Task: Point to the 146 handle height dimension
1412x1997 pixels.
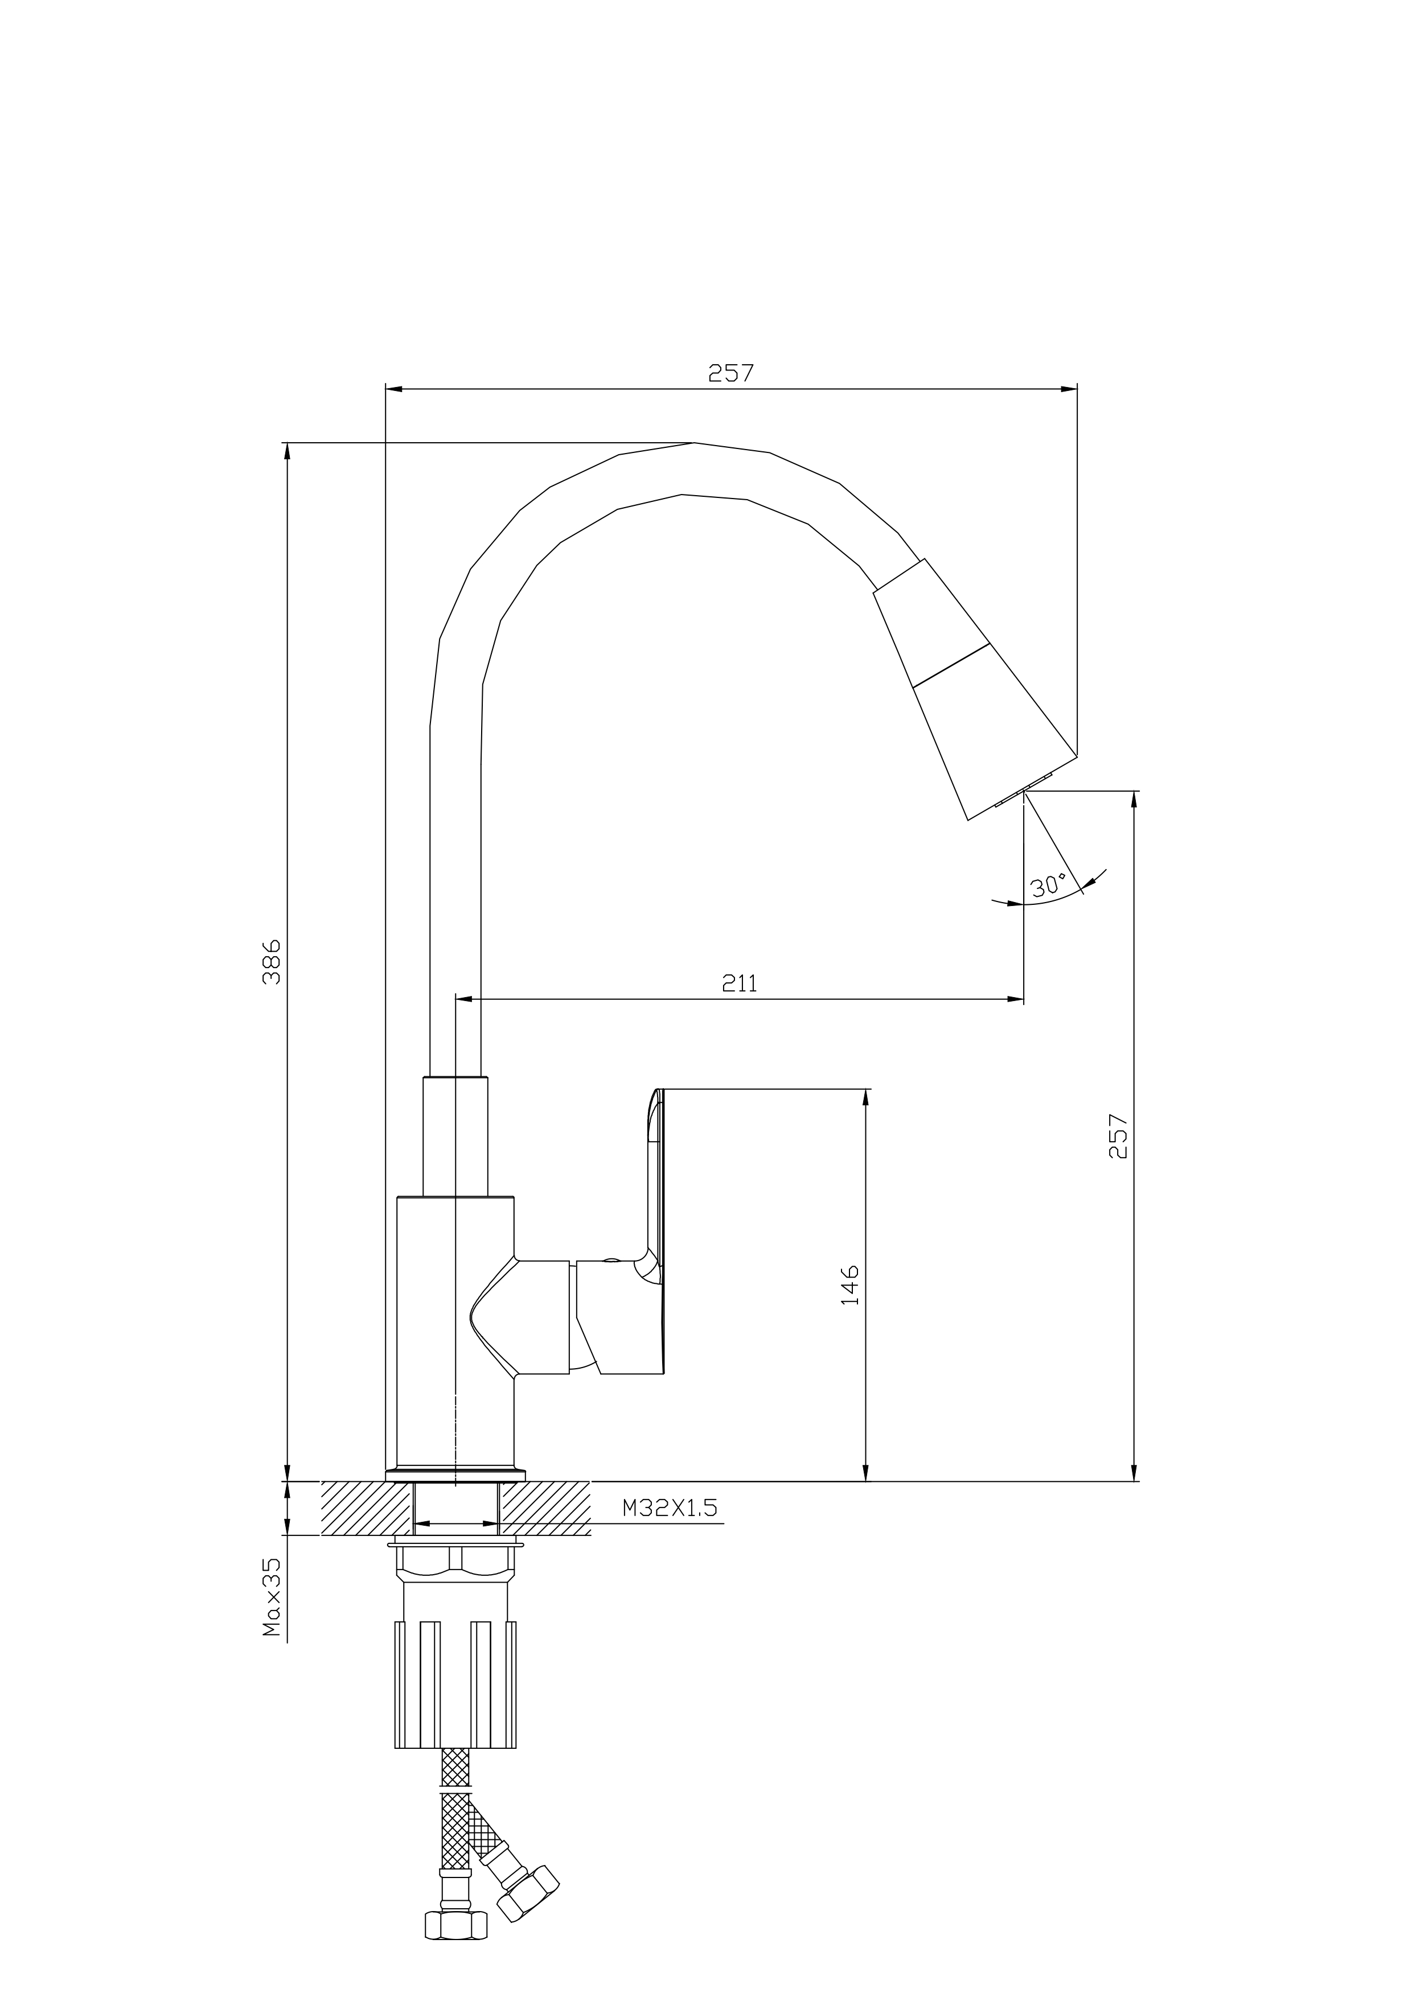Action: pyautogui.click(x=850, y=1284)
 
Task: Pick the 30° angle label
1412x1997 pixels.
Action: pyautogui.click(x=1048, y=886)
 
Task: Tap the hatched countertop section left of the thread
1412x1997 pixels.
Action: pyautogui.click(x=366, y=1508)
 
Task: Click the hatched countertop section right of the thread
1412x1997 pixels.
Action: pyautogui.click(x=545, y=1508)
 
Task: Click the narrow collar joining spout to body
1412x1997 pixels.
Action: pyautogui.click(x=455, y=1137)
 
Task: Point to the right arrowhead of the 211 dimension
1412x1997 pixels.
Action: pyautogui.click(x=1015, y=999)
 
